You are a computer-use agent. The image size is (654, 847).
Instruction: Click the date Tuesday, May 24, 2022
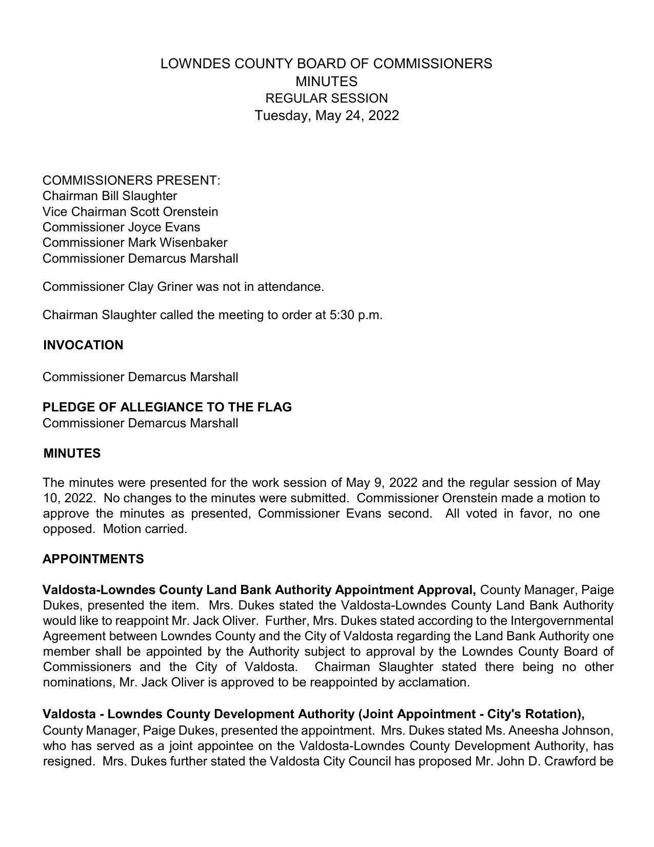tap(327, 115)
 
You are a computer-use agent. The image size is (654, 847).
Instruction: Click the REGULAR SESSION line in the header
tap(327, 99)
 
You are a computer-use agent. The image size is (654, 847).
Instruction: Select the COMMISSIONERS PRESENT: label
tap(131, 181)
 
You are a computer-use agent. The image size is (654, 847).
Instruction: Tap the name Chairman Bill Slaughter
tap(110, 196)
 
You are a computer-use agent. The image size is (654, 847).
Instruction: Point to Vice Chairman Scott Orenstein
tap(130, 212)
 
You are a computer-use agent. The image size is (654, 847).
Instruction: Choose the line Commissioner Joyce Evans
tap(122, 227)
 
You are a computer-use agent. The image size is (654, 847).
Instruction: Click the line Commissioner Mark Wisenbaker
tap(135, 243)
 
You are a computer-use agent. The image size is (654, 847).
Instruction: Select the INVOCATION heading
tap(83, 345)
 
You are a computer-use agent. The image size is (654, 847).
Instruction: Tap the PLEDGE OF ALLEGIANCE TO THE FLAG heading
tap(167, 407)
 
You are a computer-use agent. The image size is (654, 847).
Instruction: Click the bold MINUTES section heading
tap(72, 454)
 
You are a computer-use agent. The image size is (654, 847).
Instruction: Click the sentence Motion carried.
tap(145, 529)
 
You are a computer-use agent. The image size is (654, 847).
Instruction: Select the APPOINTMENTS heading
tap(93, 559)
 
